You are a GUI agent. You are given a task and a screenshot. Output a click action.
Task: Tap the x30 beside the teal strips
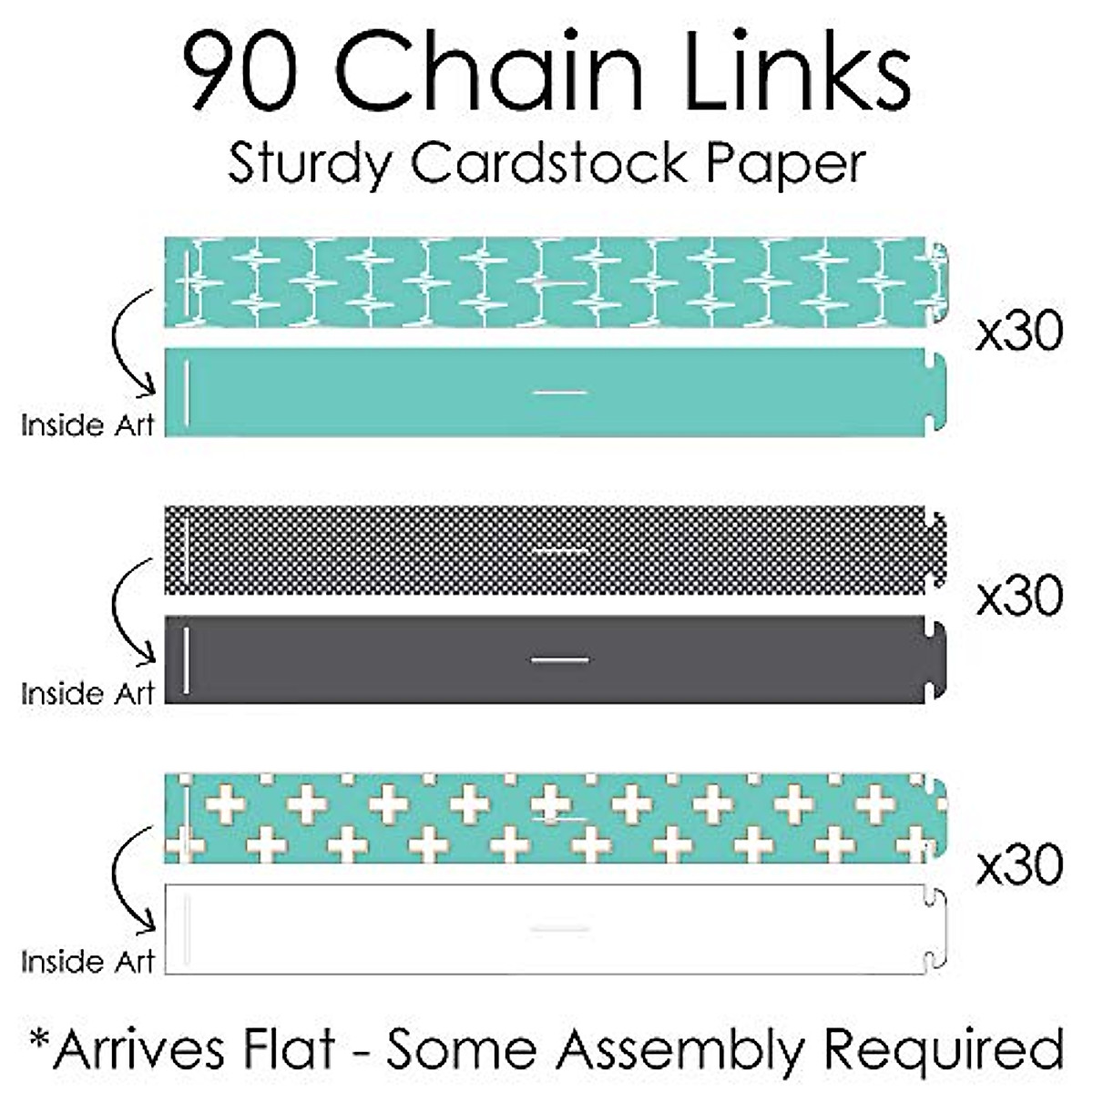click(x=1019, y=333)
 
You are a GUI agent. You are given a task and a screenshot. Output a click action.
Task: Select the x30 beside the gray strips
click(x=1019, y=597)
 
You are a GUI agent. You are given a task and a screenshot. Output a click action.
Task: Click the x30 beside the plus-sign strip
click(x=1019, y=865)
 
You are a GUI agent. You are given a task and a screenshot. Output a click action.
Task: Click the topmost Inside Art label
click(x=87, y=425)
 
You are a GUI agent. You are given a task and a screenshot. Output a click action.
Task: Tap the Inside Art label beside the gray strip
click(x=87, y=694)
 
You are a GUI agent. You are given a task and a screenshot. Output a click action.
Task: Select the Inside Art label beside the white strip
click(x=87, y=962)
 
